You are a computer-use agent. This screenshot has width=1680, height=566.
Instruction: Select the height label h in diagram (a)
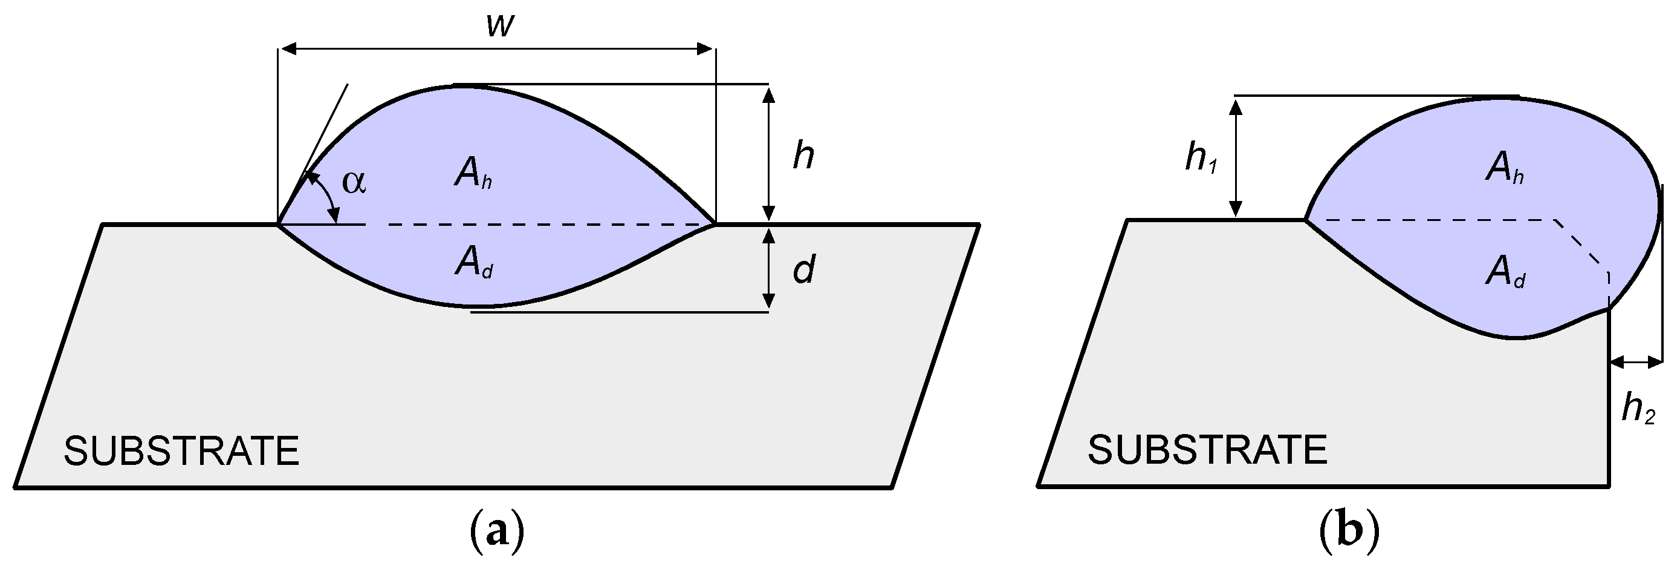[803, 157]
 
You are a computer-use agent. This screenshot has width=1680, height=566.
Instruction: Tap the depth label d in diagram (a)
[803, 269]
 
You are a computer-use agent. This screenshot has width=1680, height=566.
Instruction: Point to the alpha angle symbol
[354, 182]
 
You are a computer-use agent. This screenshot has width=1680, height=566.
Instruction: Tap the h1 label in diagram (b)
[1201, 159]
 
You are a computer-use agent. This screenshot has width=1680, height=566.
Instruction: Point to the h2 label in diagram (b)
[1639, 410]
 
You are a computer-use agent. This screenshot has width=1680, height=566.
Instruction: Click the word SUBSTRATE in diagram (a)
[181, 451]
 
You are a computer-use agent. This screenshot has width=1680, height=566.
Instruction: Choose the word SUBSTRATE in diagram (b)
[1207, 450]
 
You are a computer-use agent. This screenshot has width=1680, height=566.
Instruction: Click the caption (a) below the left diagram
[497, 532]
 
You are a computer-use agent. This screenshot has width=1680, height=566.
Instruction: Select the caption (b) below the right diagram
[1349, 532]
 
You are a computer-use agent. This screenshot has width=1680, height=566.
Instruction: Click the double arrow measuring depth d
[769, 268]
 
